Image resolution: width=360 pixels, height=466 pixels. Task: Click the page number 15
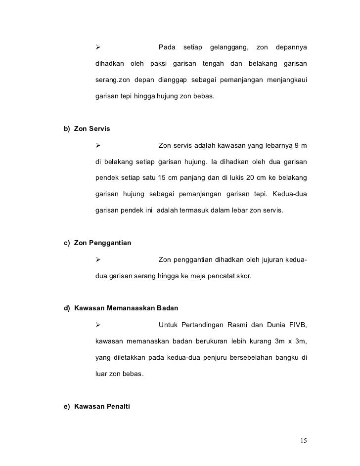click(x=303, y=440)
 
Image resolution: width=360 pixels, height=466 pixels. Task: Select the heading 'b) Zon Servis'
click(x=87, y=129)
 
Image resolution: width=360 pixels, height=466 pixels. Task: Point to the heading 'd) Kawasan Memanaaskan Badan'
click(x=121, y=308)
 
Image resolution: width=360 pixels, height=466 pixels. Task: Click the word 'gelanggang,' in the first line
click(x=229, y=47)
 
